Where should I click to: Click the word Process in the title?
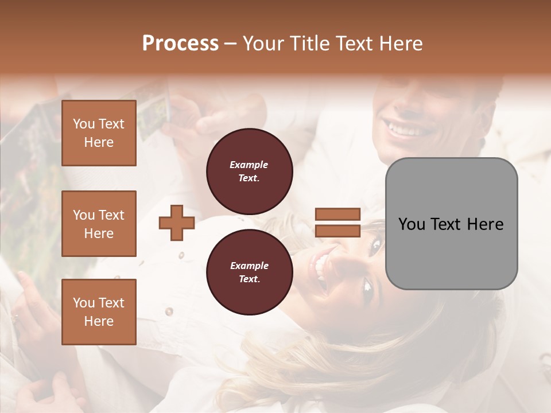(x=180, y=44)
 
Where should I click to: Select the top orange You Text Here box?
(x=99, y=133)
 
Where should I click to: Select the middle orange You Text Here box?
(x=99, y=224)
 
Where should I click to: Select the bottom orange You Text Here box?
(x=99, y=311)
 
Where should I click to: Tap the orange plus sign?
(x=177, y=223)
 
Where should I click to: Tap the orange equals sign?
(x=337, y=223)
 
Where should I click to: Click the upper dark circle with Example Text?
(x=250, y=172)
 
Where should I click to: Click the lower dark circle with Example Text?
(x=250, y=272)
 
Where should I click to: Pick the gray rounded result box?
(x=451, y=224)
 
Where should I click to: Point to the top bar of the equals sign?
(x=337, y=215)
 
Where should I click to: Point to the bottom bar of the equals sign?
(x=337, y=231)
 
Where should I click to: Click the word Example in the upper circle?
(x=249, y=165)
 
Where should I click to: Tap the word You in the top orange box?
(x=83, y=124)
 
